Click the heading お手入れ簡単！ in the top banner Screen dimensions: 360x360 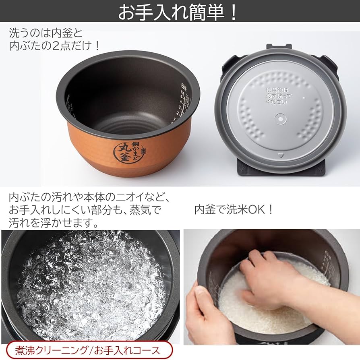(178, 12)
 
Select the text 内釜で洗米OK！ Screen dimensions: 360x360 (234, 210)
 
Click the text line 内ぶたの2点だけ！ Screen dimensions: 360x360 (54, 46)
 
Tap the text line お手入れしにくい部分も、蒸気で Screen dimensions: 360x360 (85, 210)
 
